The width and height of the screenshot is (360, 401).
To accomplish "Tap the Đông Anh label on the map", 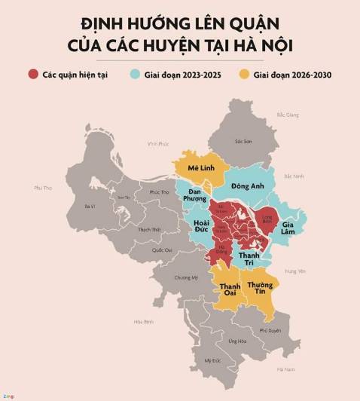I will click(247, 185).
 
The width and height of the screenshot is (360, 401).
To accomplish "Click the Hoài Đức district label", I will click(200, 228).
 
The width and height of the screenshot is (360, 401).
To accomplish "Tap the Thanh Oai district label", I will click(230, 291).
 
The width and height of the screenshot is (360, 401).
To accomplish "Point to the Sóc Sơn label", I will click(243, 141).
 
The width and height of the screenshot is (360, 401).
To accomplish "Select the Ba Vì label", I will click(90, 206).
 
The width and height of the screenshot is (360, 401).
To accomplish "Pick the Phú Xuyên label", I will click(270, 330).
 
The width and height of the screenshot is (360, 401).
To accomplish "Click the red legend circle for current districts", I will click(33, 75).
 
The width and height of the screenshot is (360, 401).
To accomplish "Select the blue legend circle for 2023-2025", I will click(135, 75).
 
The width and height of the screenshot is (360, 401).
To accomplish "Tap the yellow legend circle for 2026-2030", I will click(244, 75).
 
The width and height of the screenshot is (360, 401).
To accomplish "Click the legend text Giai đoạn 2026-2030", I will click(293, 75).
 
